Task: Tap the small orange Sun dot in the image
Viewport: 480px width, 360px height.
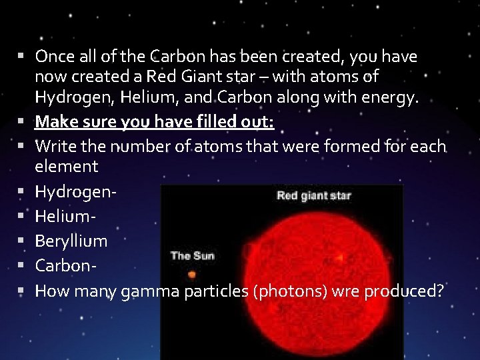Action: coord(192,274)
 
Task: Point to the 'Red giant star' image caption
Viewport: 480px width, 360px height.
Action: coord(313,195)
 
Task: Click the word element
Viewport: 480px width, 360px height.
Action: coord(66,166)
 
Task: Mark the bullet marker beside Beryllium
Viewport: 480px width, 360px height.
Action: coord(22,240)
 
